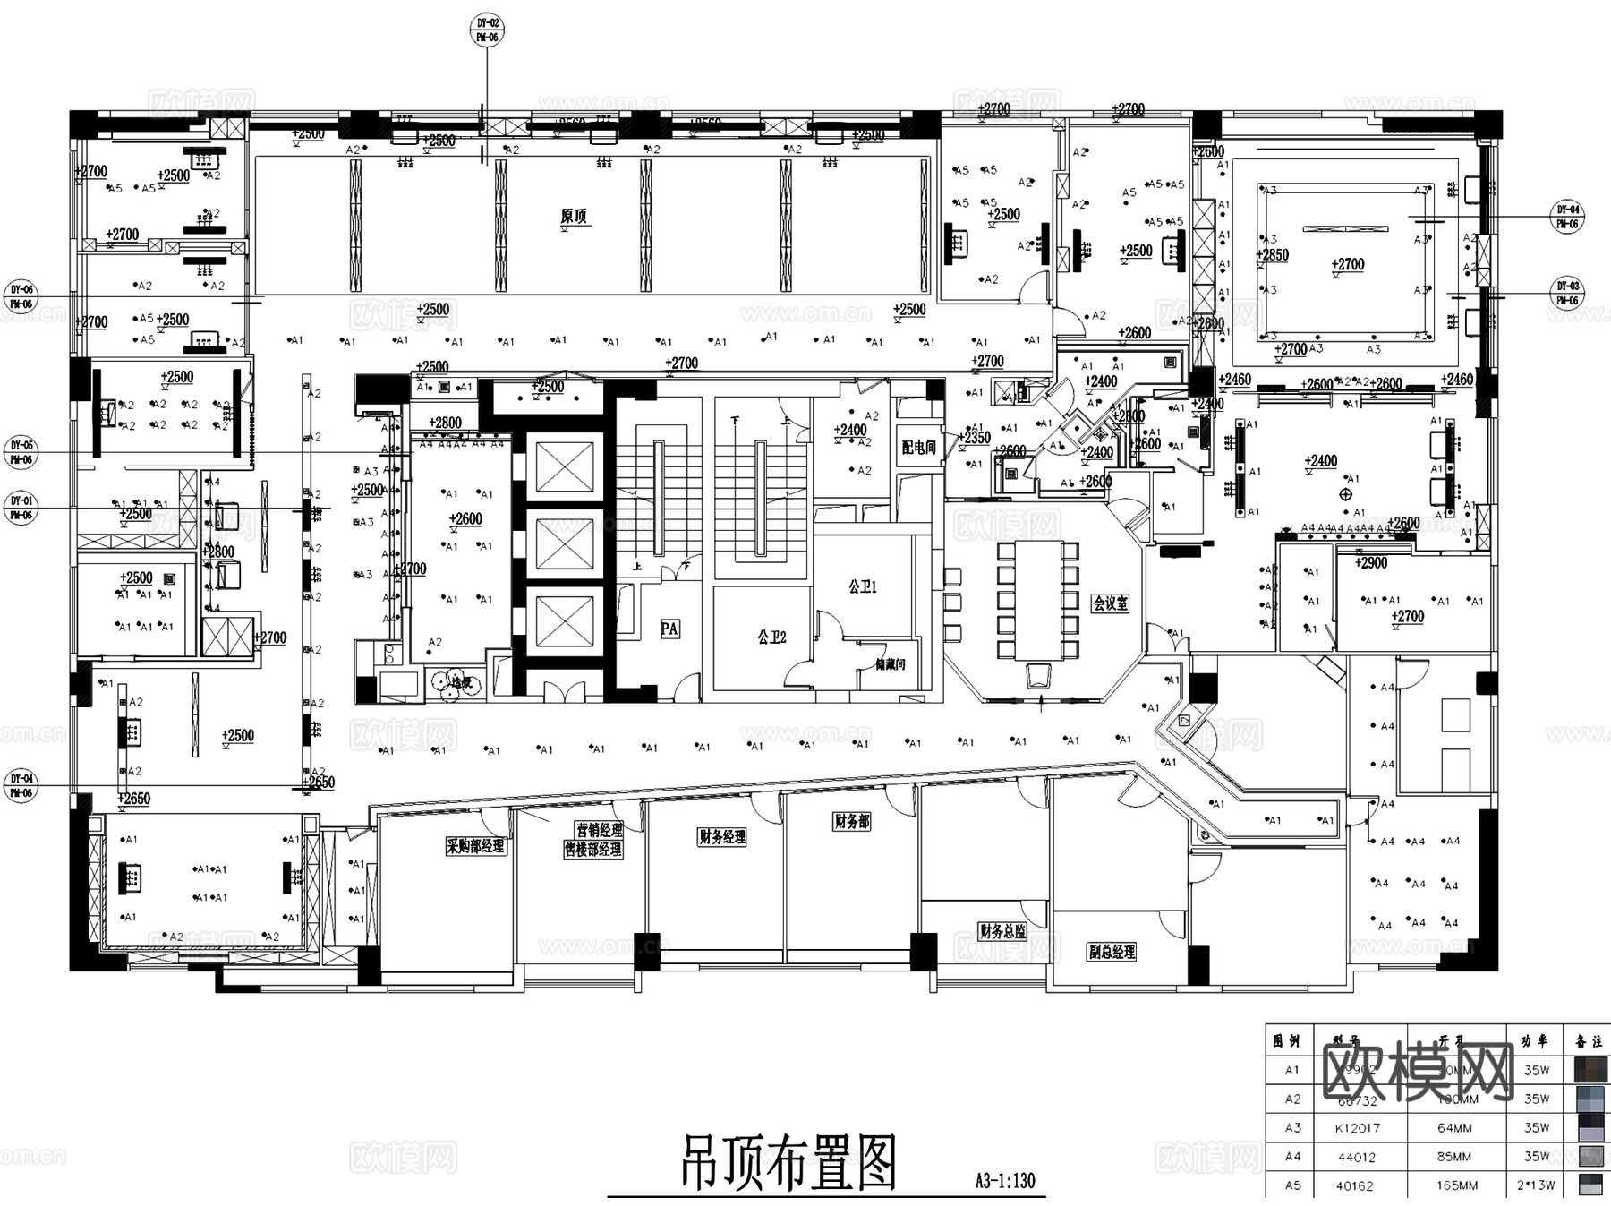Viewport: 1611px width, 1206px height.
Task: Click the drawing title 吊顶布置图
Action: tap(788, 1163)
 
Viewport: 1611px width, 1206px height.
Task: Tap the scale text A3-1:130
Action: tap(1004, 1181)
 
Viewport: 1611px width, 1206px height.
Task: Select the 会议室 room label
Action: tap(1110, 603)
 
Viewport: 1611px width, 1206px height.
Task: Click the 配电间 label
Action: tap(918, 447)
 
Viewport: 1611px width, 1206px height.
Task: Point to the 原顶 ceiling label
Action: tap(574, 216)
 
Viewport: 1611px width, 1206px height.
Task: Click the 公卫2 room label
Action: tap(771, 637)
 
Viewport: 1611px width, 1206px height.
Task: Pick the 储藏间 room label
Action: tap(890, 664)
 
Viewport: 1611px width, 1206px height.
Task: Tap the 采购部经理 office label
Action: tap(475, 846)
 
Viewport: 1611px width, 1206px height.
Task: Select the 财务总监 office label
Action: tap(1002, 931)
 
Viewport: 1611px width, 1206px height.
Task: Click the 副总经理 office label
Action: tap(1112, 952)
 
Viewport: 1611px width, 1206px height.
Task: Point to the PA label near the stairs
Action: tap(669, 629)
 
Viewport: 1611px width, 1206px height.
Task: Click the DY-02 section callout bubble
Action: tap(487, 30)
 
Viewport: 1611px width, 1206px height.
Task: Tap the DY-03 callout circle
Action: tap(1567, 294)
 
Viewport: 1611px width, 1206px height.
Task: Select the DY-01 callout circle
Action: tap(21, 508)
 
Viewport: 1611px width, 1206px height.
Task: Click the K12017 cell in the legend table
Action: tap(1357, 1128)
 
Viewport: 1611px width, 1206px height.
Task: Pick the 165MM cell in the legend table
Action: tap(1457, 1185)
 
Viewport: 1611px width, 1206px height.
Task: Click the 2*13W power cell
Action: tap(1537, 1185)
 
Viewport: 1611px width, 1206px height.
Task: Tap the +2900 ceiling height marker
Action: tap(1370, 563)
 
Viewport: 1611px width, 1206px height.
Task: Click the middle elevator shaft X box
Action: tap(565, 545)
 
